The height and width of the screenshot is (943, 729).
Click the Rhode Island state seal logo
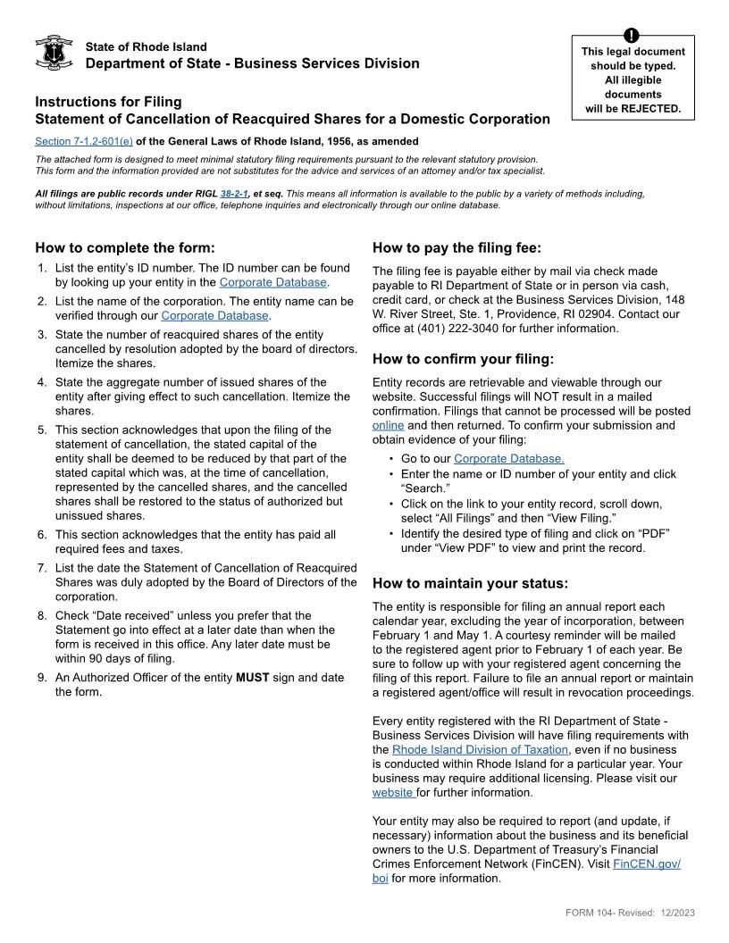pos(54,54)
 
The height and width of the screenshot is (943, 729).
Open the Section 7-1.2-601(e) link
pos(83,141)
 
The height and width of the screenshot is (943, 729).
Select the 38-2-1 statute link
pos(233,193)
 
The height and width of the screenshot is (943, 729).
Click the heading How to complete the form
pos(125,248)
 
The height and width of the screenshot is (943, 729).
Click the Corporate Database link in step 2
pos(214,315)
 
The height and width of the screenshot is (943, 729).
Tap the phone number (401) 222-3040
pos(454,329)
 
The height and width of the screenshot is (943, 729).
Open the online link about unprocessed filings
pos(388,425)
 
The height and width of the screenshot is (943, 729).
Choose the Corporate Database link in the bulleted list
pos(508,459)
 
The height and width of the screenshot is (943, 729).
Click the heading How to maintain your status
pos(470,584)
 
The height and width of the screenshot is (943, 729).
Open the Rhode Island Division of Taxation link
pos(480,749)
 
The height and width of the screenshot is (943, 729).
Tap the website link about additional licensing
pos(393,792)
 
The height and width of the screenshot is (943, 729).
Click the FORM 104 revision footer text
pos(630,912)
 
